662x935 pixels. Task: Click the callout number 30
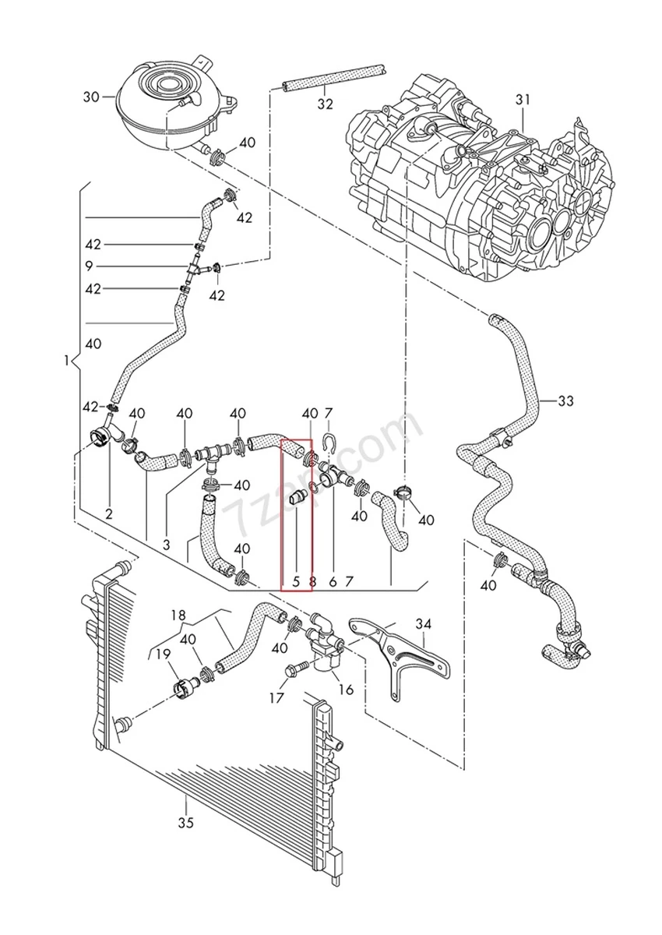click(91, 97)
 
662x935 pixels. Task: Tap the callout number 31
click(523, 100)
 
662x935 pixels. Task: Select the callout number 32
click(326, 104)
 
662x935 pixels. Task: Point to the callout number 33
click(565, 400)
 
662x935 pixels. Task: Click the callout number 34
click(424, 624)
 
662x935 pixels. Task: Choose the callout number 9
click(89, 266)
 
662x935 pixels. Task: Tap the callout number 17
click(276, 697)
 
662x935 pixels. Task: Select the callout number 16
click(346, 689)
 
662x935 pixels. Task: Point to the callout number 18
click(178, 616)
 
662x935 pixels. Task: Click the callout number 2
click(109, 513)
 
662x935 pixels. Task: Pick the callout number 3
click(167, 545)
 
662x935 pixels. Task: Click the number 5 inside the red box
click(296, 581)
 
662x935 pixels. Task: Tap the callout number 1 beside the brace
click(67, 360)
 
